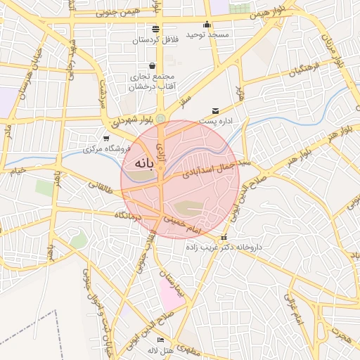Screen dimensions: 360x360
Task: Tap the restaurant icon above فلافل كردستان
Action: click(x=155, y=29)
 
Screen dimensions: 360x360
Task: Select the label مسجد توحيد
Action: click(x=205, y=35)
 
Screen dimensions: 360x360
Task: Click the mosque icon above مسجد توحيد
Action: click(x=207, y=25)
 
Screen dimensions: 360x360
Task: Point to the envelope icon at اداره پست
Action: click(x=215, y=111)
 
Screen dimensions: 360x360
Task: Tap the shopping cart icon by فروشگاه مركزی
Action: click(x=106, y=139)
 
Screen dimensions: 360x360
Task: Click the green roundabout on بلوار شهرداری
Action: click(x=161, y=118)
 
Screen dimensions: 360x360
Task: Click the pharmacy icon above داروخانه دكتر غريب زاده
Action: click(x=224, y=238)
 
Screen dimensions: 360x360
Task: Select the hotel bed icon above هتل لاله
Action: click(x=160, y=340)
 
